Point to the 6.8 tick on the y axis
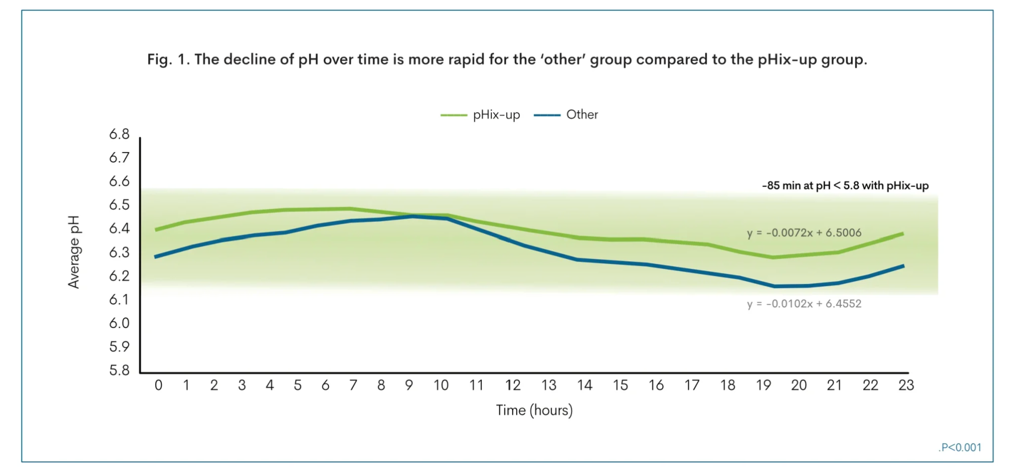point(119,134)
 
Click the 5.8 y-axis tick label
point(119,370)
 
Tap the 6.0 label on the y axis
point(119,323)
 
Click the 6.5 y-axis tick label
point(119,205)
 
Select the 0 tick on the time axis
point(158,386)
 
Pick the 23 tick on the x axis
point(906,386)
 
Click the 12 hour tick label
point(513,386)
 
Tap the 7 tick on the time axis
point(353,386)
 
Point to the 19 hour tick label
point(763,386)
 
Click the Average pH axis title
point(74,252)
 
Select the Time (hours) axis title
point(534,410)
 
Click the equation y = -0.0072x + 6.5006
point(803,233)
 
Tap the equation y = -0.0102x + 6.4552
point(803,304)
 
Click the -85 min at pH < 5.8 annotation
point(845,186)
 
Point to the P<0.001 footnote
point(960,448)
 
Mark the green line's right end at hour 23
point(903,233)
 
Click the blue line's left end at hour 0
point(155,257)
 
